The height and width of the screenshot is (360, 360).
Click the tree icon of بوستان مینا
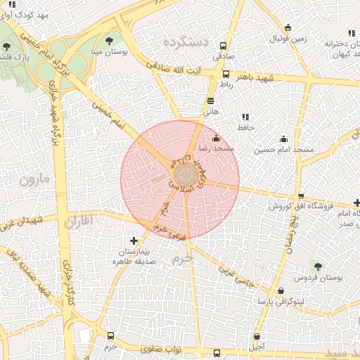[x=108, y=40]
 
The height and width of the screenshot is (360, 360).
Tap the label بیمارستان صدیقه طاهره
[x=134, y=256]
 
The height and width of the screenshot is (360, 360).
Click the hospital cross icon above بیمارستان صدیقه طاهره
[x=134, y=240]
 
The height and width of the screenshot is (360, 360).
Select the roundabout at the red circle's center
[x=184, y=174]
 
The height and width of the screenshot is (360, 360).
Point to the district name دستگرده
[x=186, y=42]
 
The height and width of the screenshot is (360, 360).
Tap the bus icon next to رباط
[x=226, y=74]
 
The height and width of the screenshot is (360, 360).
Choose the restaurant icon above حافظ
[x=245, y=117]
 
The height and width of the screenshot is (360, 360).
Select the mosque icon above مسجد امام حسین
[x=283, y=139]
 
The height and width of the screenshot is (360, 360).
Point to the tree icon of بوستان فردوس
[x=317, y=266]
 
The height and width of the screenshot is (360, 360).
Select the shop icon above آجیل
[x=257, y=336]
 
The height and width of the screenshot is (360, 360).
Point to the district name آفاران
[x=78, y=222]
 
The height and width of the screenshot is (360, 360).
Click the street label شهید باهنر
[x=257, y=77]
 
